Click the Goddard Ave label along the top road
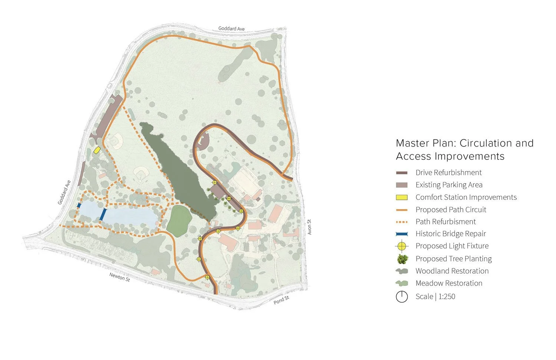point(231,29)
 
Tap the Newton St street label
point(119,277)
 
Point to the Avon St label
point(309,227)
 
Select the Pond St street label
point(281,300)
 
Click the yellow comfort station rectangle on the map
point(97,150)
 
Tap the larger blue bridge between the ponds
point(103,214)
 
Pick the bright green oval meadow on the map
point(179,220)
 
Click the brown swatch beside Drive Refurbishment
point(402,173)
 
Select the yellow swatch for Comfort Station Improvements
point(402,197)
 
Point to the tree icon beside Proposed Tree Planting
point(402,259)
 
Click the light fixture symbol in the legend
point(402,246)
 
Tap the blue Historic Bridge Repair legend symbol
point(402,234)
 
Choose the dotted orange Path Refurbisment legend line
point(402,222)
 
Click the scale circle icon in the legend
point(402,297)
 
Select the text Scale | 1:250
point(435,297)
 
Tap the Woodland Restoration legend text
point(452,271)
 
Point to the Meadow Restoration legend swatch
point(402,284)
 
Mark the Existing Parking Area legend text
point(449,185)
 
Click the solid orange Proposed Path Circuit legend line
point(402,210)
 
